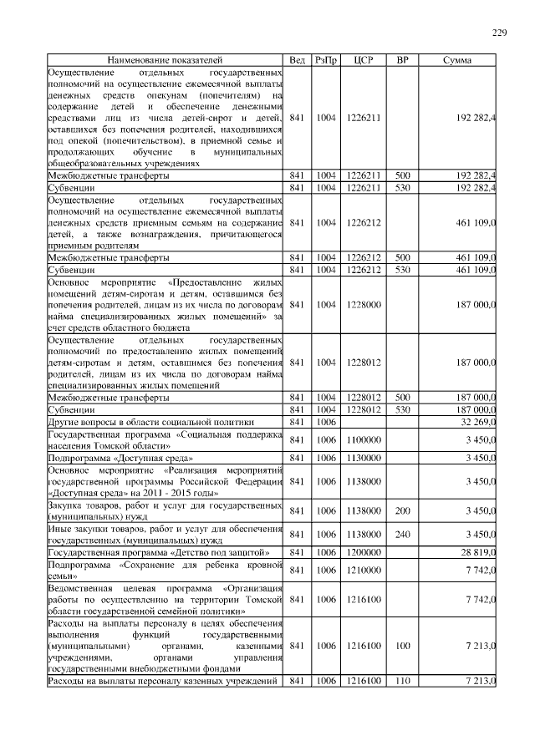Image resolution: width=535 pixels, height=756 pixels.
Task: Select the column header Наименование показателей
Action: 165,61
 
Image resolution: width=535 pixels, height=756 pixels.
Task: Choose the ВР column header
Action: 402,61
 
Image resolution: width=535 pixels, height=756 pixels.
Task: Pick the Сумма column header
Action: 457,61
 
